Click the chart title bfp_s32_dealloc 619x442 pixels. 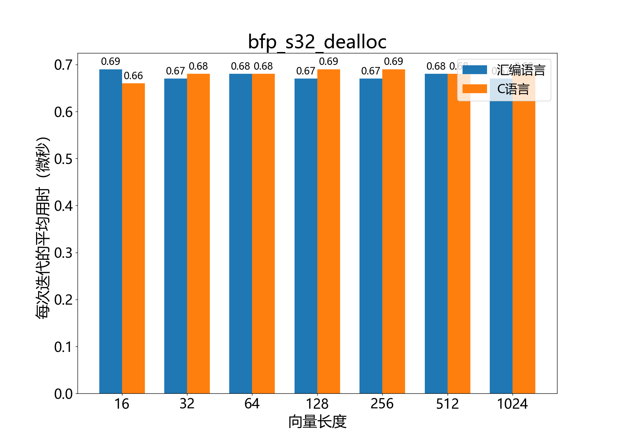(x=317, y=42)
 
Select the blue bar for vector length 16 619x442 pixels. (x=111, y=231)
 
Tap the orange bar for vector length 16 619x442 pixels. (x=133, y=238)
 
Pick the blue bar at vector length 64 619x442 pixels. (x=240, y=234)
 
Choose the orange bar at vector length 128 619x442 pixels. (x=329, y=231)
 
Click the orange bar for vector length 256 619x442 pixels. (x=394, y=231)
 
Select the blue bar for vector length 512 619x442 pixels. (x=436, y=234)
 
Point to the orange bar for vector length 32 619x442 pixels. (x=198, y=234)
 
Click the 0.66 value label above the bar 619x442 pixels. (x=133, y=76)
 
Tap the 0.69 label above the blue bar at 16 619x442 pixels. (x=111, y=62)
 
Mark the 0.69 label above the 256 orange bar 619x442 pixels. (x=394, y=62)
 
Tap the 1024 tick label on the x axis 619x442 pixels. (x=512, y=404)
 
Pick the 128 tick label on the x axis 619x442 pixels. (x=317, y=404)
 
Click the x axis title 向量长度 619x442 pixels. (x=317, y=422)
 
